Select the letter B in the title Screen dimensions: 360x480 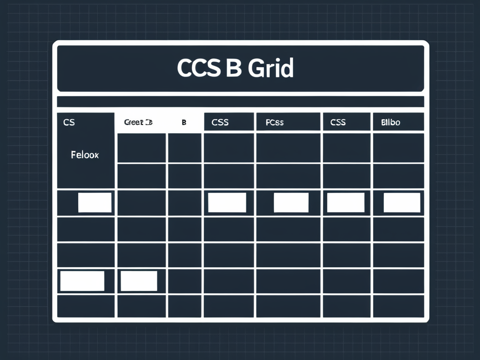tap(233, 68)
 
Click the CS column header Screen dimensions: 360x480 tap(69, 122)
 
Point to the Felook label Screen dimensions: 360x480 tap(85, 154)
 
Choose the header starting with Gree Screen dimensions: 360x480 tap(138, 122)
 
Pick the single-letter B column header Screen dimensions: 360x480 tap(184, 122)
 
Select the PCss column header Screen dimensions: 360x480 tap(274, 122)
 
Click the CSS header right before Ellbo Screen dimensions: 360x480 tap(337, 122)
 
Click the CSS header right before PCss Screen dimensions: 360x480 tap(220, 122)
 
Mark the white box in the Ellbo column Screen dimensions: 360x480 tap(402, 202)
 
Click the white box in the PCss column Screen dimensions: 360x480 tap(291, 202)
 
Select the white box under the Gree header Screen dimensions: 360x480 tap(139, 281)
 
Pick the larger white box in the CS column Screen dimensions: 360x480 tap(82, 281)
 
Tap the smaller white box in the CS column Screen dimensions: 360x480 tap(95, 202)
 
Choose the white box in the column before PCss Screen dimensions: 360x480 tap(227, 202)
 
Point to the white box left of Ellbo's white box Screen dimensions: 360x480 tap(345, 202)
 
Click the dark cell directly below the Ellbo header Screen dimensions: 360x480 tap(398, 147)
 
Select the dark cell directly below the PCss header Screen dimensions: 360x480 tap(288, 147)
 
